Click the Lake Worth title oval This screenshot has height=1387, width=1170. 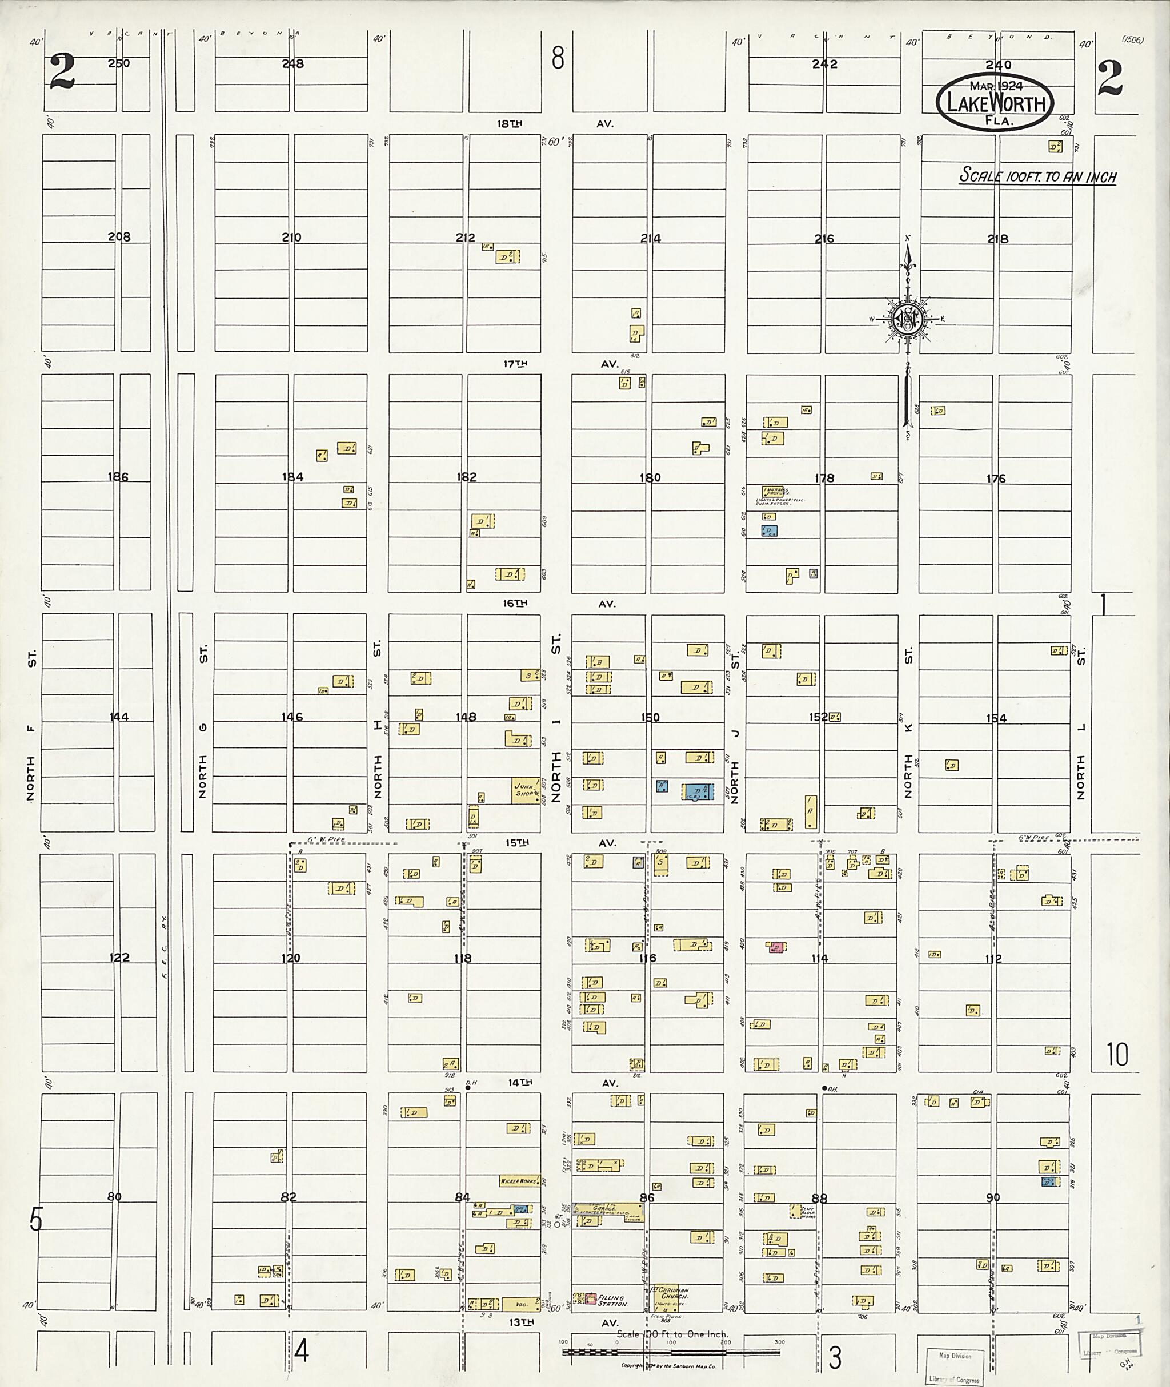pyautogui.click(x=995, y=102)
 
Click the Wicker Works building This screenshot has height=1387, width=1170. pyautogui.click(x=519, y=1180)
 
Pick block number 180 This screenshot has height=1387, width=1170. pyautogui.click(x=650, y=477)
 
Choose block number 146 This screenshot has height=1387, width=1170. pyautogui.click(x=292, y=717)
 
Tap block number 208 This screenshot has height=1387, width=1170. pyautogui.click(x=119, y=237)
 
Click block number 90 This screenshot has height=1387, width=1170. pyautogui.click(x=992, y=1197)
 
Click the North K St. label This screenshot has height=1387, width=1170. pyautogui.click(x=909, y=723)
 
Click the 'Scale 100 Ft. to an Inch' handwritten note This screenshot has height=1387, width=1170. pyautogui.click(x=1038, y=176)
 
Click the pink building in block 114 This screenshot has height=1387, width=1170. pyautogui.click(x=775, y=947)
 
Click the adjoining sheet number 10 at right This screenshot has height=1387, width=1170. pyautogui.click(x=1117, y=1054)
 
